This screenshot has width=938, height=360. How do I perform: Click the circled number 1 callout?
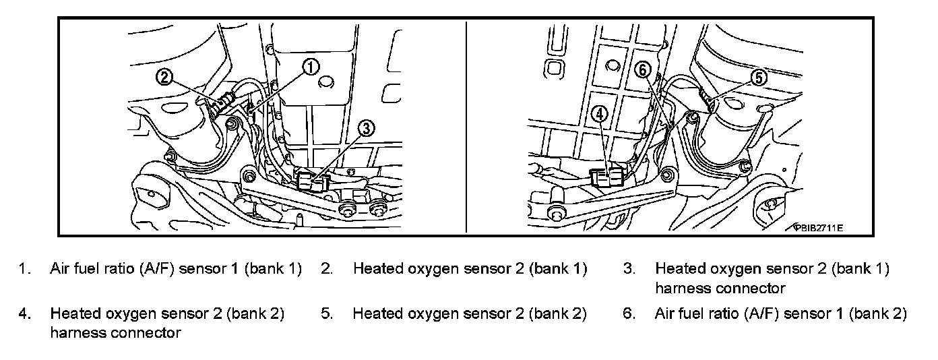311,66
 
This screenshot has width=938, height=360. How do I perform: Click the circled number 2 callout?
166,77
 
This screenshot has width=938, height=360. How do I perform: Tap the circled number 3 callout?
365,128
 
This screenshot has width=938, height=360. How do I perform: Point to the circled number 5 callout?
759,78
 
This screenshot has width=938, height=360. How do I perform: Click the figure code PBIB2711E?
819,228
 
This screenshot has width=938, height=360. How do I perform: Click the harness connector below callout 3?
311,181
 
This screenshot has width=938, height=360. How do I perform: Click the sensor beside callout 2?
222,103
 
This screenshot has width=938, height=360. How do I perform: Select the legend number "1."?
25,269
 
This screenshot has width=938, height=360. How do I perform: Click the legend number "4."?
25,314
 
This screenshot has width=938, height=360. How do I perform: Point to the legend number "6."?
629,314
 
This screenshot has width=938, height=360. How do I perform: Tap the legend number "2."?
327,269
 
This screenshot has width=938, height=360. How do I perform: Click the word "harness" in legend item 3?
681,289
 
